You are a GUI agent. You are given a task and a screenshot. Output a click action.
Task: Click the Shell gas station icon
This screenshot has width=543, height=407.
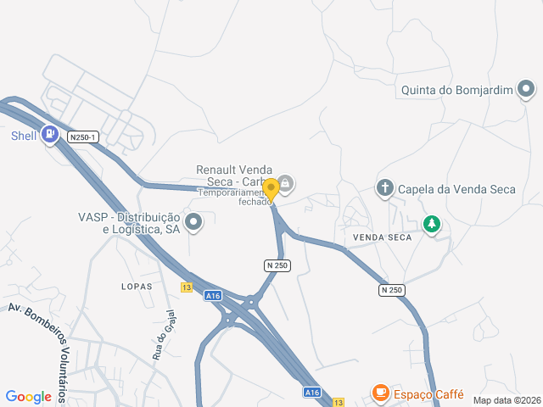51,135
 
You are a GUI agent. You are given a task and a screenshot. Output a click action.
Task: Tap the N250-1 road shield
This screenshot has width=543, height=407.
85,137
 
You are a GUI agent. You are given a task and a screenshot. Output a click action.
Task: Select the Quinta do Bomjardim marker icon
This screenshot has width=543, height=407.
526,88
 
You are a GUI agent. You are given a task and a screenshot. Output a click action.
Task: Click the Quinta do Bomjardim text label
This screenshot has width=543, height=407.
456,89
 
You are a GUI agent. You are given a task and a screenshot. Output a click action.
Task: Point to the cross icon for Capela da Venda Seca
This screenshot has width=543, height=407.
385,188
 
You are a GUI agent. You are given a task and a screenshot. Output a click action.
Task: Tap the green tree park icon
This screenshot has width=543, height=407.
433,224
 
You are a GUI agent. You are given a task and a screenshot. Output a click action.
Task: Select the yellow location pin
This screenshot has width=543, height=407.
271,190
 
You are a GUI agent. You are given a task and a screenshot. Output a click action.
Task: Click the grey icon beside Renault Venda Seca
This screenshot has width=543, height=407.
286,182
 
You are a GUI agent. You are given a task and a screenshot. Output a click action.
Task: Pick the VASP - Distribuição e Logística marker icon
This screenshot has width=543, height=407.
194,224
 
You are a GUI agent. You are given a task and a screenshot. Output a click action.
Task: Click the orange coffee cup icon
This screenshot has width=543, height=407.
380,393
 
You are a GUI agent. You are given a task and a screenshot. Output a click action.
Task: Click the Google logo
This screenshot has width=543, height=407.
28,396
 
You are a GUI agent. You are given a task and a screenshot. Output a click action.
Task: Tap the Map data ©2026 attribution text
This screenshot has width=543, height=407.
506,400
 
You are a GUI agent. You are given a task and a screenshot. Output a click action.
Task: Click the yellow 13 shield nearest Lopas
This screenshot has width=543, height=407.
186,287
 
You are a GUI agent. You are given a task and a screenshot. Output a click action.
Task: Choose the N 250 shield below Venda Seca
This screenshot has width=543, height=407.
391,290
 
